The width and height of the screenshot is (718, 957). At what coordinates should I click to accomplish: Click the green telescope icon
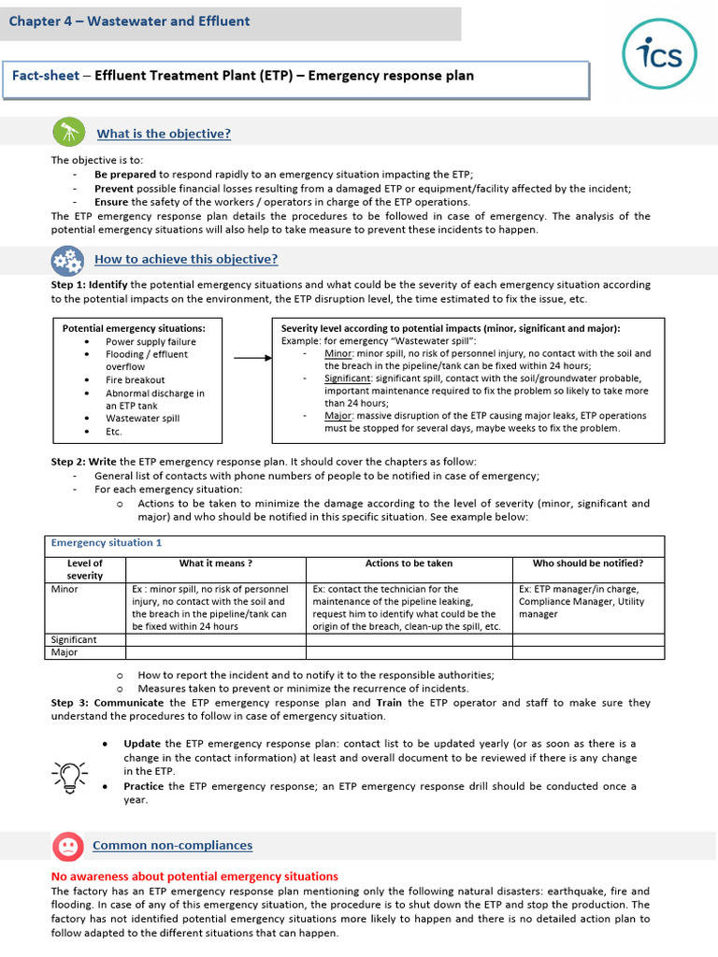(66, 133)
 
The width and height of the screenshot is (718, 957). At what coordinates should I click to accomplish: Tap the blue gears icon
(66, 260)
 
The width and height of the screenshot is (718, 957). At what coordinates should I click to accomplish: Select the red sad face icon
(66, 846)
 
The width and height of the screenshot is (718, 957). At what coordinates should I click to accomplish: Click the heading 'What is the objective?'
(164, 134)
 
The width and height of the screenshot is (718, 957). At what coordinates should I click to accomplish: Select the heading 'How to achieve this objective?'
(186, 260)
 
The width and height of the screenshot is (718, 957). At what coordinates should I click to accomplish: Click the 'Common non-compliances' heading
(172, 846)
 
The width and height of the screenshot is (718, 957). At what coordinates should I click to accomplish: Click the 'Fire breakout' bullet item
(135, 380)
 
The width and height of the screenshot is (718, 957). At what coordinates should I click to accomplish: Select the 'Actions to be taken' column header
(409, 564)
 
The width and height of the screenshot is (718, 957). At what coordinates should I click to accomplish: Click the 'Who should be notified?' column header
(587, 564)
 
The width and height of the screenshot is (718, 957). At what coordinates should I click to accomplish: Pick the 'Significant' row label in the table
(74, 639)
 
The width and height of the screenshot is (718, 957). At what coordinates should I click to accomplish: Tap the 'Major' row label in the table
(64, 652)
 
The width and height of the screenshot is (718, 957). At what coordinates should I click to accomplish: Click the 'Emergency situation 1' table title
(107, 543)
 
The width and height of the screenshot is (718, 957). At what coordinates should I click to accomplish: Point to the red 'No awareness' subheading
(194, 877)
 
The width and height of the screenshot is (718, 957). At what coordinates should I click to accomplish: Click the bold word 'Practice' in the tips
(143, 787)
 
